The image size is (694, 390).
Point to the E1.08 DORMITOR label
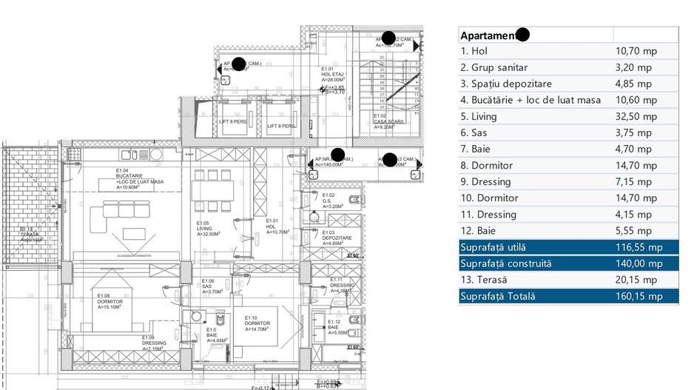(x=110, y=302)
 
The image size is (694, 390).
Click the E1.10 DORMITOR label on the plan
(x=257, y=323)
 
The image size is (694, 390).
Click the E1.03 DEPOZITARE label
(x=335, y=238)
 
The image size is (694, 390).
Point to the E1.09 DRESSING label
(x=155, y=343)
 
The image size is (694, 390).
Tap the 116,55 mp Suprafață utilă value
(x=639, y=247)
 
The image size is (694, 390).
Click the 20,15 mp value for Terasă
(x=636, y=280)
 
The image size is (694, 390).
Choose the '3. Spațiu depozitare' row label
(x=505, y=84)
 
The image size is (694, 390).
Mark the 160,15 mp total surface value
(x=639, y=296)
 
